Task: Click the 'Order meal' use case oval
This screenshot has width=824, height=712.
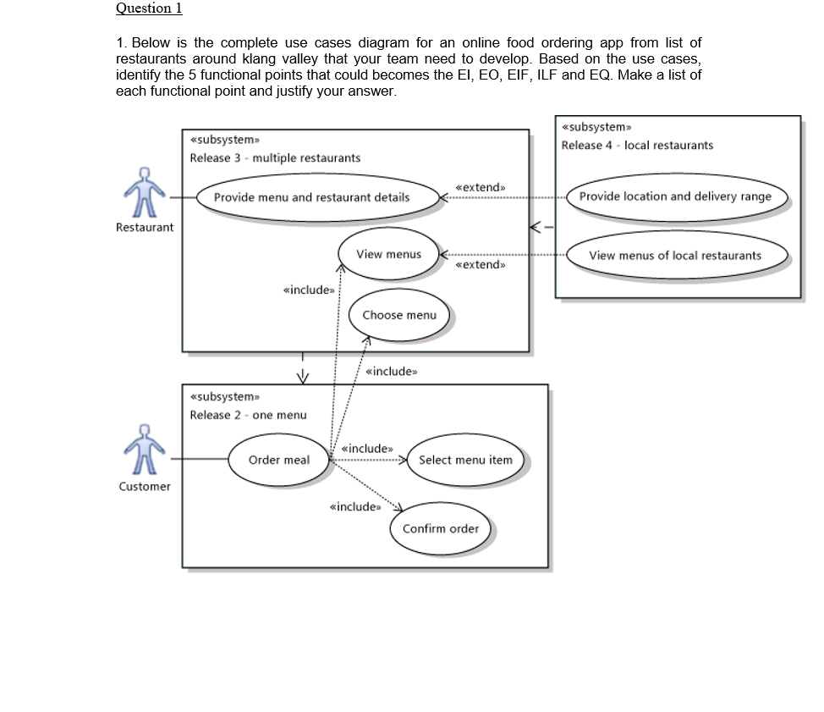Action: pyautogui.click(x=278, y=460)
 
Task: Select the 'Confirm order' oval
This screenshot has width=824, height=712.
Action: pyautogui.click(x=440, y=528)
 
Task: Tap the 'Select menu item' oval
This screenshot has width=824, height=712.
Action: pyautogui.click(x=465, y=460)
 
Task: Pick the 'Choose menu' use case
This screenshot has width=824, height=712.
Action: pyautogui.click(x=399, y=315)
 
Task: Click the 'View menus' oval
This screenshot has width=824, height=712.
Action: pyautogui.click(x=388, y=254)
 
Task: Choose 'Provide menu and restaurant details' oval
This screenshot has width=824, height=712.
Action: pyautogui.click(x=311, y=197)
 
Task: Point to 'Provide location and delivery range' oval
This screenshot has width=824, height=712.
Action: pyautogui.click(x=675, y=196)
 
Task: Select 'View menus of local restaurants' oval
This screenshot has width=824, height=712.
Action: pyautogui.click(x=675, y=256)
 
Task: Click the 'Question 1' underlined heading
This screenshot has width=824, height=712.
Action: pyautogui.click(x=148, y=8)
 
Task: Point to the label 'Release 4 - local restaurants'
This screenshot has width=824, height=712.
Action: pyautogui.click(x=637, y=146)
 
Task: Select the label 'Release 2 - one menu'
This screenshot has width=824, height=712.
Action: pyautogui.click(x=248, y=415)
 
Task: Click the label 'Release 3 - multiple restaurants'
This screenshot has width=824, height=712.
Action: pyautogui.click(x=275, y=158)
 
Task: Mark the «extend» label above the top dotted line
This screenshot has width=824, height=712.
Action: pyautogui.click(x=480, y=187)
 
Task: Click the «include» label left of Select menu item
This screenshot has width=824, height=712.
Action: pyautogui.click(x=367, y=449)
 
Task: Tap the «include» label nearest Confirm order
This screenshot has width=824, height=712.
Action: pyautogui.click(x=354, y=507)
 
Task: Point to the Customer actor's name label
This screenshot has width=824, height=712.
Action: pyautogui.click(x=145, y=487)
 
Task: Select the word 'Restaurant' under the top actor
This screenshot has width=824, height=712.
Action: pyautogui.click(x=145, y=227)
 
